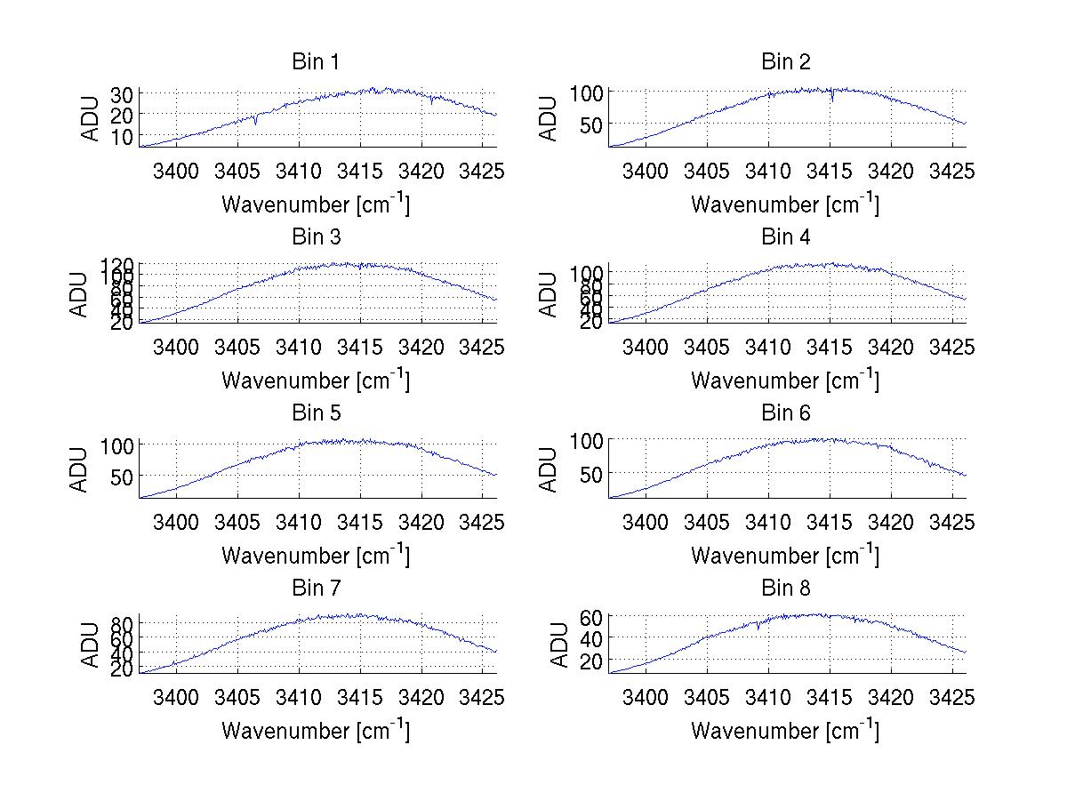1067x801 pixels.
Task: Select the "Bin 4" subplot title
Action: [x=786, y=237]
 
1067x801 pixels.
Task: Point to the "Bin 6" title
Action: [x=786, y=413]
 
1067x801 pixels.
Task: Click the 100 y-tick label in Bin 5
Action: [x=117, y=445]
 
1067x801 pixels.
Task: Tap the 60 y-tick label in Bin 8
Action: [x=591, y=616]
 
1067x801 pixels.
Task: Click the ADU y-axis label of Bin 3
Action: [x=81, y=294]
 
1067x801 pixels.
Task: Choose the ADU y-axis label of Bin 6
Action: [x=550, y=469]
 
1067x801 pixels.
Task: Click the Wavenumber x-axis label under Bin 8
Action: [x=785, y=731]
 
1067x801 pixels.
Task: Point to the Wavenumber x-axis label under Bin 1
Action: [x=316, y=204]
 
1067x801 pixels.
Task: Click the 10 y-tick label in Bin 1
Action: [x=122, y=136]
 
